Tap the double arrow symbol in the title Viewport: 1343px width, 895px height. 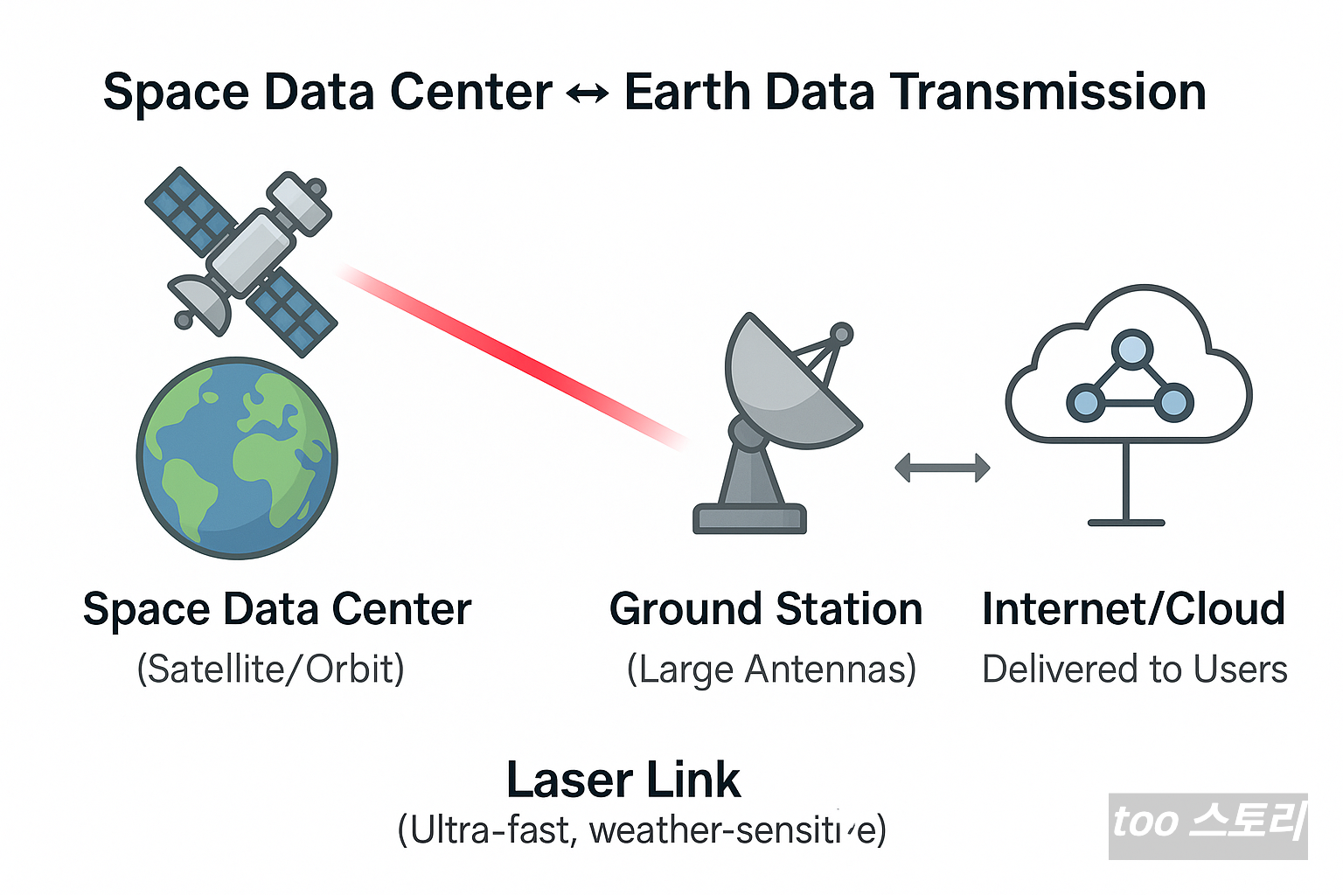(588, 93)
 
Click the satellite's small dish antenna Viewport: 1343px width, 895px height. (201, 302)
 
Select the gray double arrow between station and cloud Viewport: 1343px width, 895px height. (942, 468)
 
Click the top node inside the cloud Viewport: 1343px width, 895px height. (1132, 349)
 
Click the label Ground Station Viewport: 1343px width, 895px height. (766, 609)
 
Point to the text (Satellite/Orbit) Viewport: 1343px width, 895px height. (271, 670)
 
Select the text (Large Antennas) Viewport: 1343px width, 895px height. (771, 670)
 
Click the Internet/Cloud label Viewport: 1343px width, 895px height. (1133, 609)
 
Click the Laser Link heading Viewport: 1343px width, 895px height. (623, 780)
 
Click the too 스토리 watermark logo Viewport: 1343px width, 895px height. (1207, 825)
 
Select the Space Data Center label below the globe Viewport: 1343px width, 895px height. (277, 609)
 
